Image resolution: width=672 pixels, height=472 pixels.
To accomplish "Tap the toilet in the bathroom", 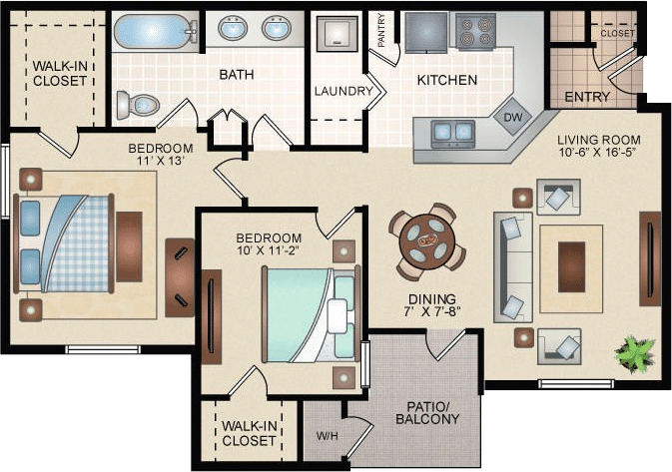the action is point(138,105).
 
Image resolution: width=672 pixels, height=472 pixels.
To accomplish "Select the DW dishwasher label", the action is point(512,117).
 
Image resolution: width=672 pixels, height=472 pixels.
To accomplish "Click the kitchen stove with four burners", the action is point(475,32).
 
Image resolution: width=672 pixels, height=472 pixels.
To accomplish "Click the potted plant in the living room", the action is point(634,352).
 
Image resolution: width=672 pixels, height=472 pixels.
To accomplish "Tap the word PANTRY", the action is point(381,30).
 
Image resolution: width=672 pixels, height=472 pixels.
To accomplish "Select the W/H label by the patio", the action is point(327,436).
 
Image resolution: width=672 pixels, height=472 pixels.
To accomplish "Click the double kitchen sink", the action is point(452,133).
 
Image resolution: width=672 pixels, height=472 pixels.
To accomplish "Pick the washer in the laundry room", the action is point(336,34).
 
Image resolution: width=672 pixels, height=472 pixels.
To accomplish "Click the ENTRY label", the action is point(587,97).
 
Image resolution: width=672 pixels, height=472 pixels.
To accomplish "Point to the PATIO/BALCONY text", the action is point(427,412).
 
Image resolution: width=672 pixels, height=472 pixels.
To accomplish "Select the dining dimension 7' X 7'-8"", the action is point(431,311).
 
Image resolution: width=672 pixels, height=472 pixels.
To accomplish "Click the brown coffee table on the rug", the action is point(571,266).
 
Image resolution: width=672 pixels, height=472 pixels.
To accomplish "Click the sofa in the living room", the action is point(513,266).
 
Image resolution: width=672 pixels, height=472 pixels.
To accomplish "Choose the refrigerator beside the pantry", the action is point(425,32).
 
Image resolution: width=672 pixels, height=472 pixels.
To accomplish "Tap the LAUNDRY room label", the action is point(343,91).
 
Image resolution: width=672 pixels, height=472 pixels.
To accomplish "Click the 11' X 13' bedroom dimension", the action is point(161,161).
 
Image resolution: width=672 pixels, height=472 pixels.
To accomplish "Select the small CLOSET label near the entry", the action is point(617,33).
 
